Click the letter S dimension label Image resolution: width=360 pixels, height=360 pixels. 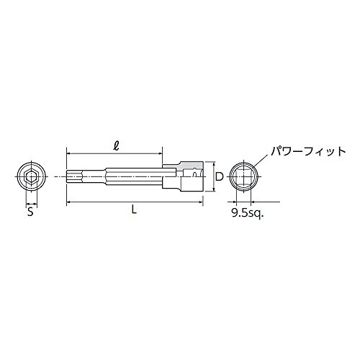coord(30,212)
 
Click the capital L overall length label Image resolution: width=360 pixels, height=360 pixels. coord(135,210)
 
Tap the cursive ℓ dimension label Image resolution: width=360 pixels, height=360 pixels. coord(117,145)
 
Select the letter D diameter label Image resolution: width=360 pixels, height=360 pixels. coord(219,176)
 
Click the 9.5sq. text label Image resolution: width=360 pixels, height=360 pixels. coord(248,212)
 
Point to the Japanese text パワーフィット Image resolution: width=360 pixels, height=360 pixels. coord(308,152)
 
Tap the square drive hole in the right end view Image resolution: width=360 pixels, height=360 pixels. coord(243,176)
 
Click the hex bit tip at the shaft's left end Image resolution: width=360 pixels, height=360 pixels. coord(74,176)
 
